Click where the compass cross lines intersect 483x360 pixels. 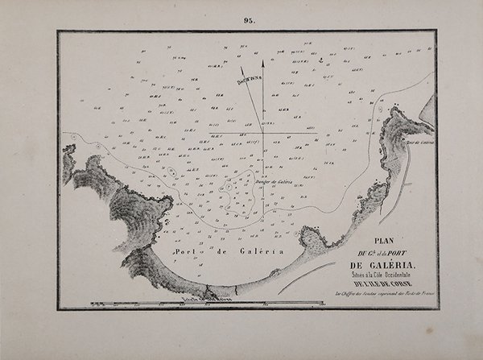coord(263,133)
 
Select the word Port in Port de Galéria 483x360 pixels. coord(190,250)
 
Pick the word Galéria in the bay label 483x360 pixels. coord(263,250)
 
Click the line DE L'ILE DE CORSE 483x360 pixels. coord(383,288)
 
